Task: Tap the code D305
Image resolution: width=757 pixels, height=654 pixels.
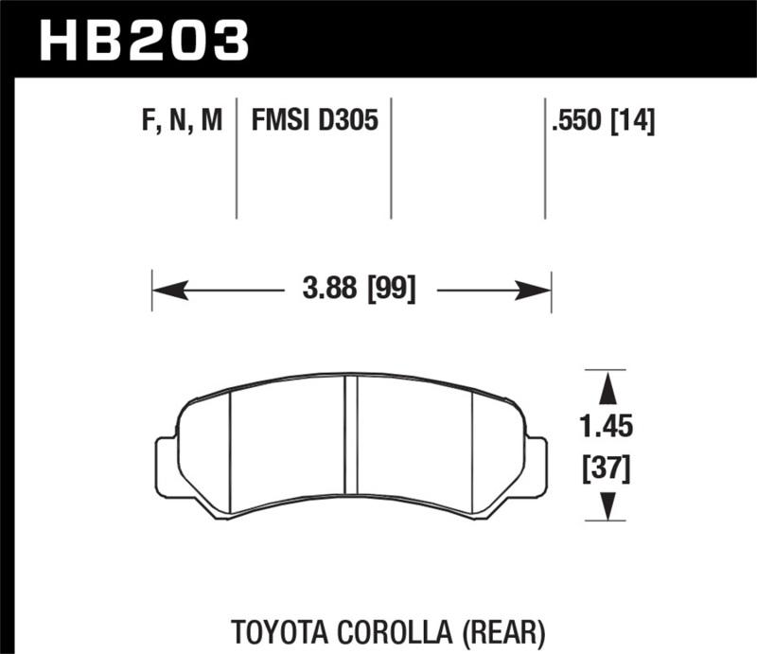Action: click(x=350, y=121)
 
